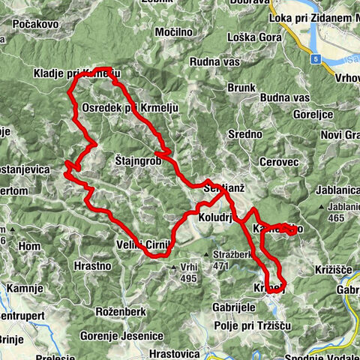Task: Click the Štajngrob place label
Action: point(139,160)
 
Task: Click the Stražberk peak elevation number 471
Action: point(220,265)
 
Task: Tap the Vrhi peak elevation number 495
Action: point(187,277)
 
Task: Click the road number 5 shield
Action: point(317,58)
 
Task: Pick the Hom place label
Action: point(30,245)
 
